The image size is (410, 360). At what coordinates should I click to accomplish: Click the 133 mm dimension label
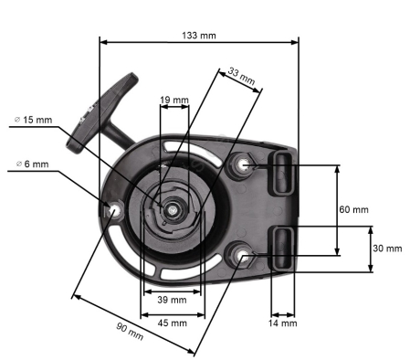[199, 36]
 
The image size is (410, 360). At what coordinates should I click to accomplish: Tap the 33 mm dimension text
[241, 76]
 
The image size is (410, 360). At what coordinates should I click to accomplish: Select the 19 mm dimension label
[174, 100]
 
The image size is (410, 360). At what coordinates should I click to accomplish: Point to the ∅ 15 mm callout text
[34, 120]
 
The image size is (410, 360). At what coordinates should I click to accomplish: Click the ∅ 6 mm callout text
[32, 164]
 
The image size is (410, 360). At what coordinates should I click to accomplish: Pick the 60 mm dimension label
[353, 209]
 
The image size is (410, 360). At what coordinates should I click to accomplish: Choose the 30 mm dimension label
[387, 249]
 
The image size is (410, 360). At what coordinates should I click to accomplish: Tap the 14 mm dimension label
[282, 323]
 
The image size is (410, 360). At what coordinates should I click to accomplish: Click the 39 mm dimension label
[172, 300]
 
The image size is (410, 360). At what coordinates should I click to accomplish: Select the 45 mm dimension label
[173, 323]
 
